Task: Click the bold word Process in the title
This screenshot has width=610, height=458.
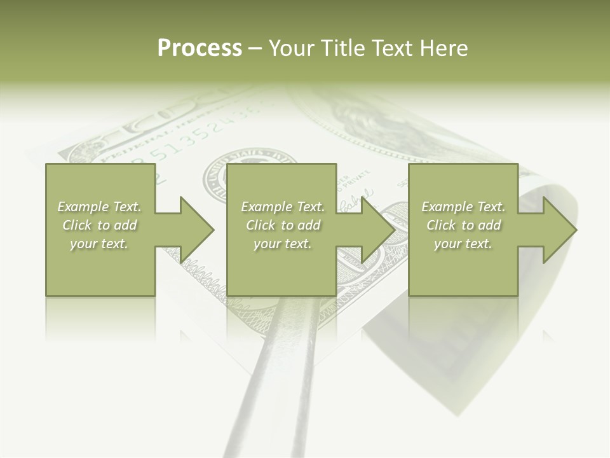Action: tap(200, 48)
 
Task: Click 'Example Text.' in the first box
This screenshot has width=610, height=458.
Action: tap(99, 207)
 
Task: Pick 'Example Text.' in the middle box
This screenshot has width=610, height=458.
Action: tap(283, 207)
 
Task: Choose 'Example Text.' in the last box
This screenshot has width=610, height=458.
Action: tap(463, 207)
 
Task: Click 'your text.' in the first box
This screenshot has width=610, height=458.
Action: tap(99, 244)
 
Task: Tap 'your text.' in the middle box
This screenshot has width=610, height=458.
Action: tap(283, 244)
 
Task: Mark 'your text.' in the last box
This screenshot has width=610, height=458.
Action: tap(463, 244)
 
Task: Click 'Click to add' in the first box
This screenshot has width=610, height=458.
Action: tap(99, 225)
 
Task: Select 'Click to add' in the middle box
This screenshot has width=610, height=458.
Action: tap(283, 225)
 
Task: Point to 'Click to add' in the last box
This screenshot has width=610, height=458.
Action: tap(463, 225)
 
